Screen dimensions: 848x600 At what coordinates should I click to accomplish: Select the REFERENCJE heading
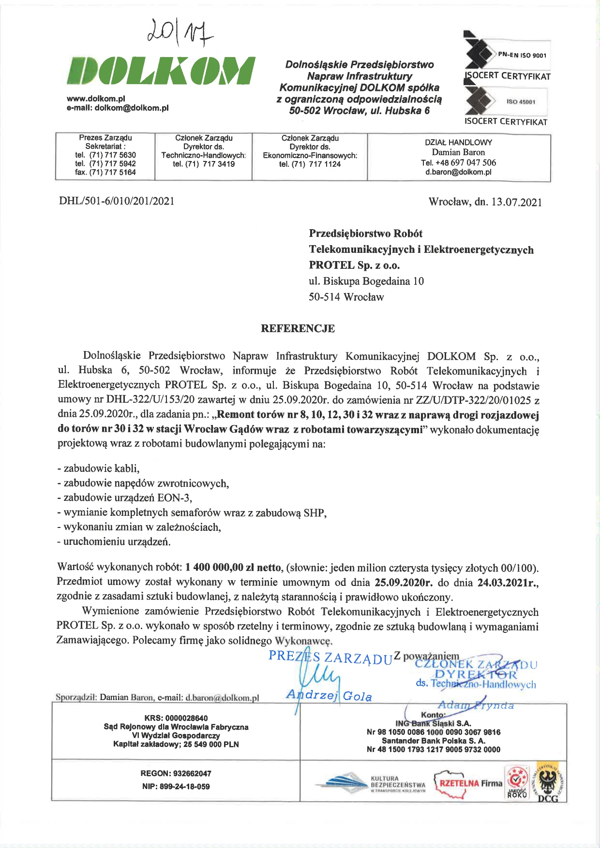pos(298,329)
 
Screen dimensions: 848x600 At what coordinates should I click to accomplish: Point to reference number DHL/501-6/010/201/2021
pos(117,201)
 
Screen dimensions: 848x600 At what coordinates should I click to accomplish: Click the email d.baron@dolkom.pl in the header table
pos(458,172)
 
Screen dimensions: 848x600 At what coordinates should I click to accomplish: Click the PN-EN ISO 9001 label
pos(522,55)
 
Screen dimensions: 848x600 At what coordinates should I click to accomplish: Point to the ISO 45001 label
pos(521,102)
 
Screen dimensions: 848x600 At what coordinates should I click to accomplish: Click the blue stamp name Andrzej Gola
pos(329,696)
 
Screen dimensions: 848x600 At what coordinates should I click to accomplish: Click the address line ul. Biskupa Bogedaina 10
pos(366,281)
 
